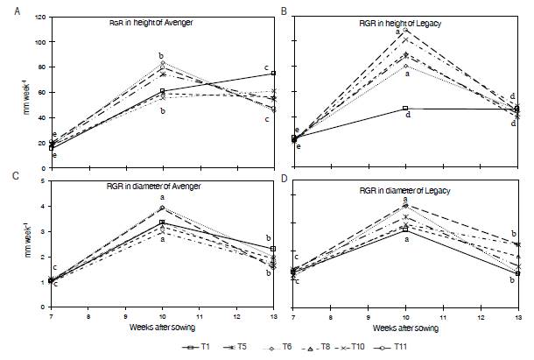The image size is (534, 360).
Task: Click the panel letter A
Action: coord(8,10)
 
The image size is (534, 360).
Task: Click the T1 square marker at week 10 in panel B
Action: coord(405,108)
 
